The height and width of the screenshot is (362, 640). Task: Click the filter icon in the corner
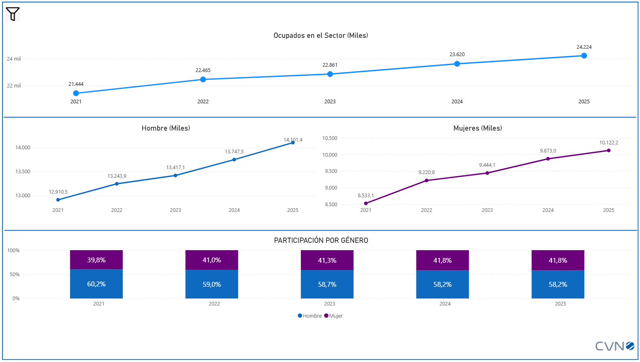click(x=13, y=14)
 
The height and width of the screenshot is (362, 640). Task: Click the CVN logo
click(x=614, y=346)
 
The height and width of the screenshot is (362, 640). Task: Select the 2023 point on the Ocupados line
click(x=330, y=74)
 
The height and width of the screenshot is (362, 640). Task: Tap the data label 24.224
click(x=584, y=47)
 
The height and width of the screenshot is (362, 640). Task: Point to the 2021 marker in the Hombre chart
click(x=58, y=200)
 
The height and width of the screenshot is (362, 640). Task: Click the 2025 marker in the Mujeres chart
click(x=609, y=150)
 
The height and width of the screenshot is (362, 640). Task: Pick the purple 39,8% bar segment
click(x=96, y=260)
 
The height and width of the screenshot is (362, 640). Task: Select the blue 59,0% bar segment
click(x=212, y=284)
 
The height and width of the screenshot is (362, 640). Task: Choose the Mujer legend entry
click(x=334, y=316)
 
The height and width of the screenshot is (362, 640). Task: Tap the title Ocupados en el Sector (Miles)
click(x=320, y=35)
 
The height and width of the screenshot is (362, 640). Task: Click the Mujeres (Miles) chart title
click(x=477, y=128)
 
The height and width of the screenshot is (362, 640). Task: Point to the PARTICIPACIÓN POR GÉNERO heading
click(x=321, y=240)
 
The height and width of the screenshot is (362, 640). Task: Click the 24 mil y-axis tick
click(x=14, y=59)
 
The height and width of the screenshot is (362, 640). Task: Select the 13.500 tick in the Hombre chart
click(x=23, y=172)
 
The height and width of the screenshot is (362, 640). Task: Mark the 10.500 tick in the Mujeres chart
click(x=330, y=138)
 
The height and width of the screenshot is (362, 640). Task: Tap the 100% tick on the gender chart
click(x=13, y=251)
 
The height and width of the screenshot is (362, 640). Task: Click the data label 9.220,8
click(x=427, y=172)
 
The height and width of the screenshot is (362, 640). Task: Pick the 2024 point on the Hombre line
click(x=234, y=159)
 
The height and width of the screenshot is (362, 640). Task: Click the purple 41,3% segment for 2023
click(x=327, y=260)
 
